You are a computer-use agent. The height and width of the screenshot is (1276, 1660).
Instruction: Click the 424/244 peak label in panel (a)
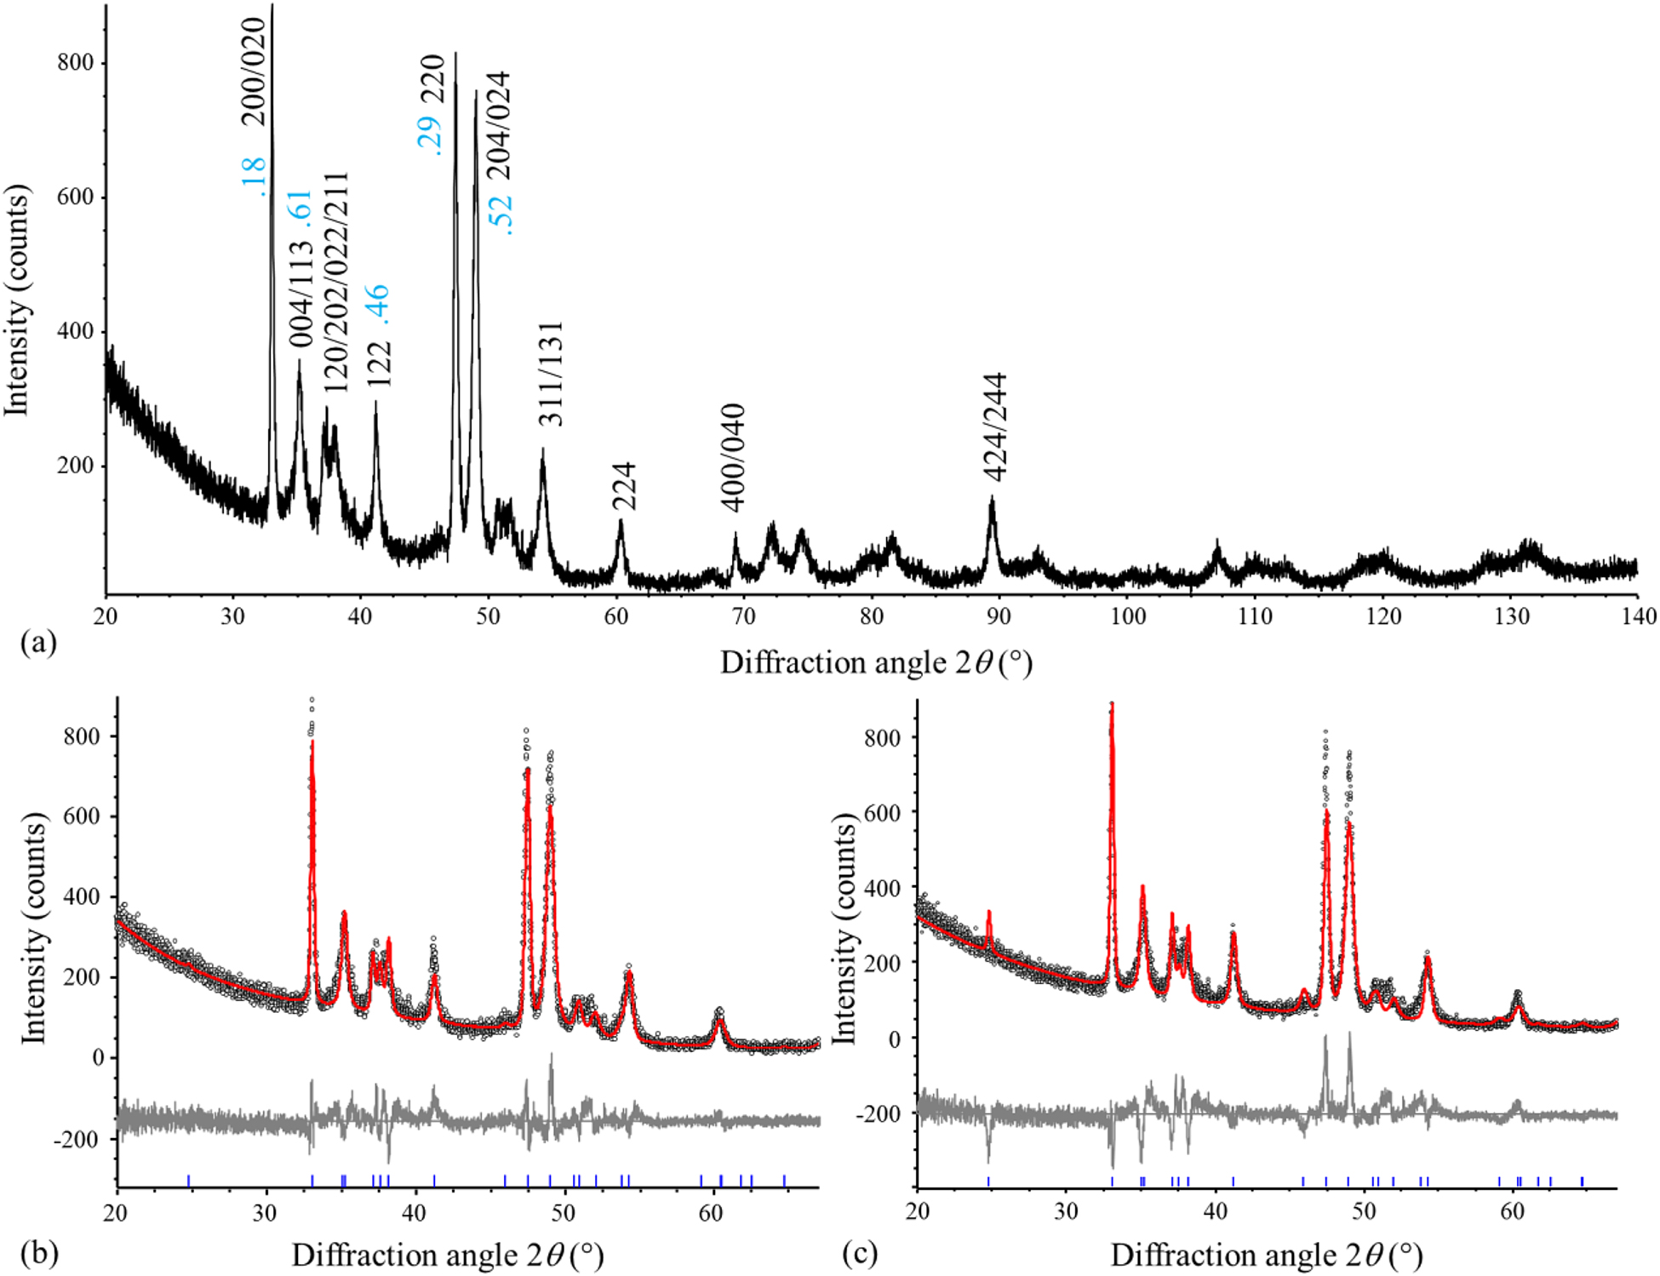pos(993,427)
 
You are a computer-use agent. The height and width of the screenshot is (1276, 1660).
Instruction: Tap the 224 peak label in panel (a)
pos(624,486)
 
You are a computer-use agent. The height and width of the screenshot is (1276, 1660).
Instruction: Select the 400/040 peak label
pos(733,458)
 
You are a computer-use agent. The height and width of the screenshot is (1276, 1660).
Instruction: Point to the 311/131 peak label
pos(551,374)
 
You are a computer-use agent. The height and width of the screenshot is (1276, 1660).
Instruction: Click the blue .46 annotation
pos(375,305)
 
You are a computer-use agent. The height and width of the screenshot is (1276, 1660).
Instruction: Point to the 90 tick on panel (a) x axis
pos(999,616)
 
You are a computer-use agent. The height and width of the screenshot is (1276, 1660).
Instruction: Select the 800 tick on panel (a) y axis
pos(75,63)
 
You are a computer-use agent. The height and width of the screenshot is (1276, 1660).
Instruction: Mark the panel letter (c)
pos(859,1253)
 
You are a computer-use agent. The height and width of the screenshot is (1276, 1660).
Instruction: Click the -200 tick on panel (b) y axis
pos(78,1138)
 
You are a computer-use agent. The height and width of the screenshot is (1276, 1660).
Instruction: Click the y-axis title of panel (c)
pos(843,928)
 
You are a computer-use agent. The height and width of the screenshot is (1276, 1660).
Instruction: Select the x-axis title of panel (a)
pos(876,662)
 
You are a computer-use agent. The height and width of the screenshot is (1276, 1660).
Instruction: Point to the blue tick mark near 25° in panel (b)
pos(188,1180)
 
